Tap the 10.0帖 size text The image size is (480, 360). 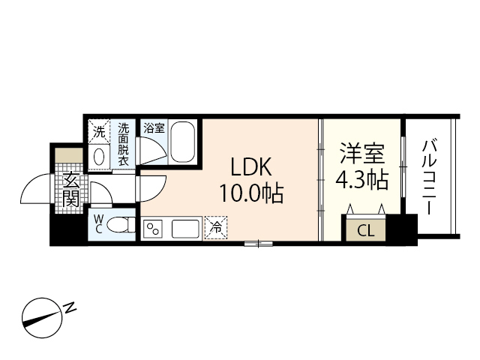click(250, 195)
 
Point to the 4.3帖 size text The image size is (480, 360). click(363, 181)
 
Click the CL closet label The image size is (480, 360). click(365, 230)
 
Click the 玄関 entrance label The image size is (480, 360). click(71, 190)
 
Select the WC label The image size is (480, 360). click(99, 223)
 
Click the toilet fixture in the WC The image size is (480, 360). click(124, 223)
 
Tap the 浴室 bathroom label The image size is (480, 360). click(154, 128)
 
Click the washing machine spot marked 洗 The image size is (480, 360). click(100, 132)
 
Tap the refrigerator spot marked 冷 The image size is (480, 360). click(216, 225)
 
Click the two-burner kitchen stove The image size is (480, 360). click(153, 227)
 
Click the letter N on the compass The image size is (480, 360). click(69, 307)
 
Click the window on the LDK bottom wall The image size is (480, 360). click(257, 242)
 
